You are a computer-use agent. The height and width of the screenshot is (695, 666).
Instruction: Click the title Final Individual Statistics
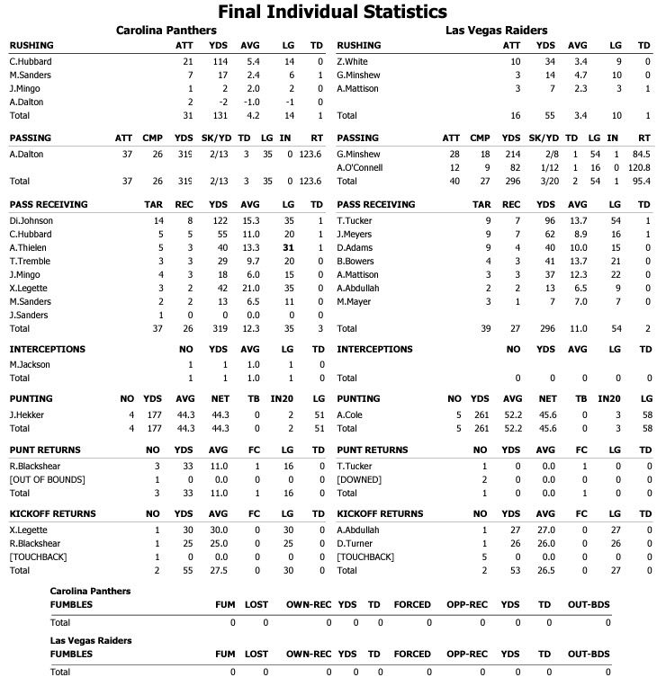[332, 12]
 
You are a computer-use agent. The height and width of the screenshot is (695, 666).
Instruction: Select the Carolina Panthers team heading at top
[172, 31]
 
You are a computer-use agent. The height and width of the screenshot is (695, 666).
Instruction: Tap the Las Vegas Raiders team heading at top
[496, 31]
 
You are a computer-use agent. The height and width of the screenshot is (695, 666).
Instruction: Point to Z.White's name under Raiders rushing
[354, 61]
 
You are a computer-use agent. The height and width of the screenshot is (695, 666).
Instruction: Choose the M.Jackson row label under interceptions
[30, 364]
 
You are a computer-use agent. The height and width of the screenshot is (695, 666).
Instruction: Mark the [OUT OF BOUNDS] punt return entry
[47, 480]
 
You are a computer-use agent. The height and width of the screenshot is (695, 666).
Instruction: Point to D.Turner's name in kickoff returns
[355, 544]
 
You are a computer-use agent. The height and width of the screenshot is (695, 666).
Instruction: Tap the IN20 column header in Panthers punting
[288, 398]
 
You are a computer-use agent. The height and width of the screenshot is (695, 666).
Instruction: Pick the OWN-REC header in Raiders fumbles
[305, 655]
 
